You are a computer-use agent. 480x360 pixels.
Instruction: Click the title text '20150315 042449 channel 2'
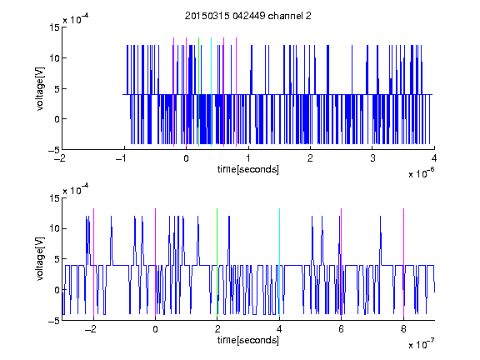pyautogui.click(x=248, y=16)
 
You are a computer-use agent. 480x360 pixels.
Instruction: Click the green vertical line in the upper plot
pyautogui.click(x=198, y=92)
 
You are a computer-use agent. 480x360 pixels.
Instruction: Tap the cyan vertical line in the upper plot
pyautogui.click(x=211, y=92)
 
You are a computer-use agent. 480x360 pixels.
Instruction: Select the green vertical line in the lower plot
pyautogui.click(x=217, y=262)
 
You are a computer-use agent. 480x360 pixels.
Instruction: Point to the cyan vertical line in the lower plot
pyautogui.click(x=279, y=262)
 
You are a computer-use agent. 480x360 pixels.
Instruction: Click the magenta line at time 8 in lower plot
pyautogui.click(x=403, y=262)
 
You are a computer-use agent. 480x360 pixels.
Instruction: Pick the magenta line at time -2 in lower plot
pyautogui.click(x=93, y=262)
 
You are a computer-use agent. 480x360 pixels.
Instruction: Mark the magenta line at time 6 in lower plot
pyautogui.click(x=342, y=262)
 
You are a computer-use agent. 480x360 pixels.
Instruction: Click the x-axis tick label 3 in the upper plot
pyautogui.click(x=372, y=158)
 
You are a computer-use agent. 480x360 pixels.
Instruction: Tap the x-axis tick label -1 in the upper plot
pyautogui.click(x=122, y=158)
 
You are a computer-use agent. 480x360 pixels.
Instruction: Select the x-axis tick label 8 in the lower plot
pyautogui.click(x=403, y=329)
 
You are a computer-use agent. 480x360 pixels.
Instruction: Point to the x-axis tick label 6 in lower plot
pyautogui.click(x=342, y=329)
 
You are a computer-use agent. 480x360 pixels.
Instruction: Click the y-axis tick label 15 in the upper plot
pyautogui.click(x=54, y=27)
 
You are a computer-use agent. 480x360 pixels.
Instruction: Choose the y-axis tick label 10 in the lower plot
pyautogui.click(x=54, y=228)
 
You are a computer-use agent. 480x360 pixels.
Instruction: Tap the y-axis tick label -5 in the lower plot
pyautogui.click(x=54, y=321)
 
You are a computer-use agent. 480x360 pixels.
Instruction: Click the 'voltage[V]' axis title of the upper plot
pyautogui.click(x=40, y=88)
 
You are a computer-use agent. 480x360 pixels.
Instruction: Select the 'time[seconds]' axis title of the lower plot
pyautogui.click(x=248, y=340)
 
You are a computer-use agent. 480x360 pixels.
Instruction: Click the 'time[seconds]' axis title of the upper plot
pyautogui.click(x=248, y=169)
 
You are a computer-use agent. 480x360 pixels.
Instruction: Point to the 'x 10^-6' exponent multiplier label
pyautogui.click(x=421, y=173)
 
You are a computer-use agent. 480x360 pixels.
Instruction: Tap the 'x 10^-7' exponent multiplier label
pyautogui.click(x=421, y=344)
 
